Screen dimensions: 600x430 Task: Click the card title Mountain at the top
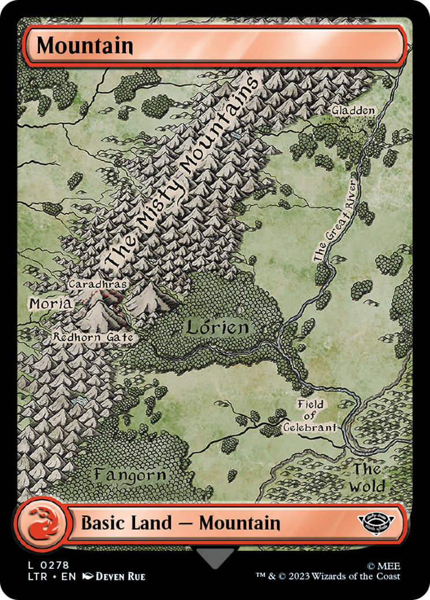pos(85,46)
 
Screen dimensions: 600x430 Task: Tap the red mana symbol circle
pos(36,523)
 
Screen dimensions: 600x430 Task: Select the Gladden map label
pos(353,110)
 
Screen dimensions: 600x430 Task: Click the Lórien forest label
pos(218,328)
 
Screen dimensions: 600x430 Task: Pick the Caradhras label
pos(98,284)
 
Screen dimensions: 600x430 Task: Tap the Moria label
pos(50,303)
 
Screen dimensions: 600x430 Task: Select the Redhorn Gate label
pos(94,337)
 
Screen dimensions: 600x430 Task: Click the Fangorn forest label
pos(130,475)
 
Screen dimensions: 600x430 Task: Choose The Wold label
pos(368,478)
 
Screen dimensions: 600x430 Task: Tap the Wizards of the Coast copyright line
pos(328,576)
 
